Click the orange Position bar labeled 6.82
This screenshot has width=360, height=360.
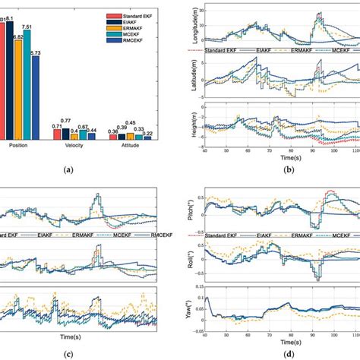20,91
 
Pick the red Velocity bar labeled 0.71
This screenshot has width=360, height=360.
57,135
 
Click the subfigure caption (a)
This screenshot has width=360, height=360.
71,172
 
